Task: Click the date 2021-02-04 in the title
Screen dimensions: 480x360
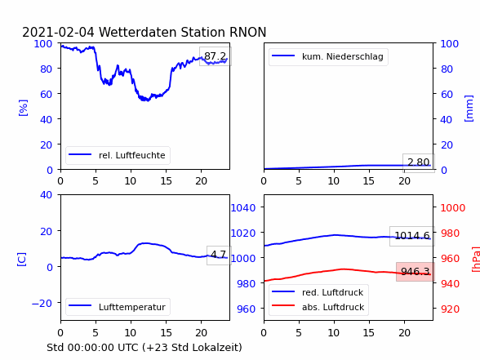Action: point(58,32)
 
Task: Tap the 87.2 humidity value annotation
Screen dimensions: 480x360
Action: point(216,56)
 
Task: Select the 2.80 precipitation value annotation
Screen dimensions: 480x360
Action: point(419,162)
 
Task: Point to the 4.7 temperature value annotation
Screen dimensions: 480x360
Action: point(219,255)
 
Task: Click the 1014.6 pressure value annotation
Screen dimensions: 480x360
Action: point(412,236)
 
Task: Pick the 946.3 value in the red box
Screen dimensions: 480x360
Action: point(416,272)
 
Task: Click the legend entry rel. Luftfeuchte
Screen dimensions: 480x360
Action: point(132,155)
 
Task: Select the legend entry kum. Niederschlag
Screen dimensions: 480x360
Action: point(343,56)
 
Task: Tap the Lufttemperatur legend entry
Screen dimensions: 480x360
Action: point(132,307)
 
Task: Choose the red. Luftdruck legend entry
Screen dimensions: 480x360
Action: point(332,292)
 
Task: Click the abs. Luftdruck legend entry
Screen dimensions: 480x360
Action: point(333,307)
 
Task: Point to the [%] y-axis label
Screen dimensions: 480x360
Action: point(23,108)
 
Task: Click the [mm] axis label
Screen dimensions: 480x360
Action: point(469,109)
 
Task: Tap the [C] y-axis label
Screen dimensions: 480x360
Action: point(22,260)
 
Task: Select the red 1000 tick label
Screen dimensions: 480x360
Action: point(453,208)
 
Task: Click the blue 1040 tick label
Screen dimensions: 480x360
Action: point(243,208)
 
